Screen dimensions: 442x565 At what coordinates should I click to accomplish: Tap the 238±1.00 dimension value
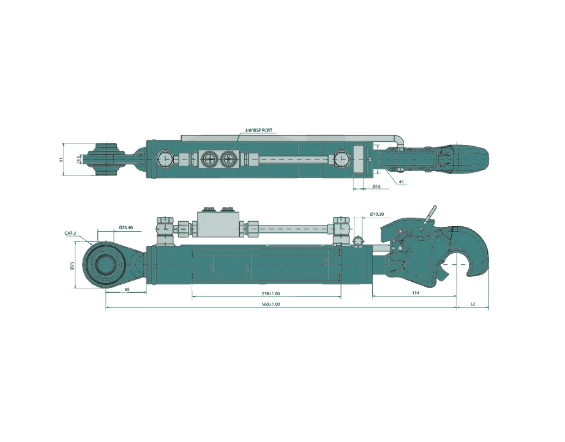tap(266, 293)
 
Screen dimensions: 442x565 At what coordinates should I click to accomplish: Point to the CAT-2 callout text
tap(70, 234)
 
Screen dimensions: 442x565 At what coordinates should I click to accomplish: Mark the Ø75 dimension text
tap(72, 265)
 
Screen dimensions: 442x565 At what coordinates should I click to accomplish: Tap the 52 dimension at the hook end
tap(473, 304)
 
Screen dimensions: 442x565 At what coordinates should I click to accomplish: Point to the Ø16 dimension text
tap(376, 186)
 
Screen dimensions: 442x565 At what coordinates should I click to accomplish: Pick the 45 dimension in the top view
tap(401, 182)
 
